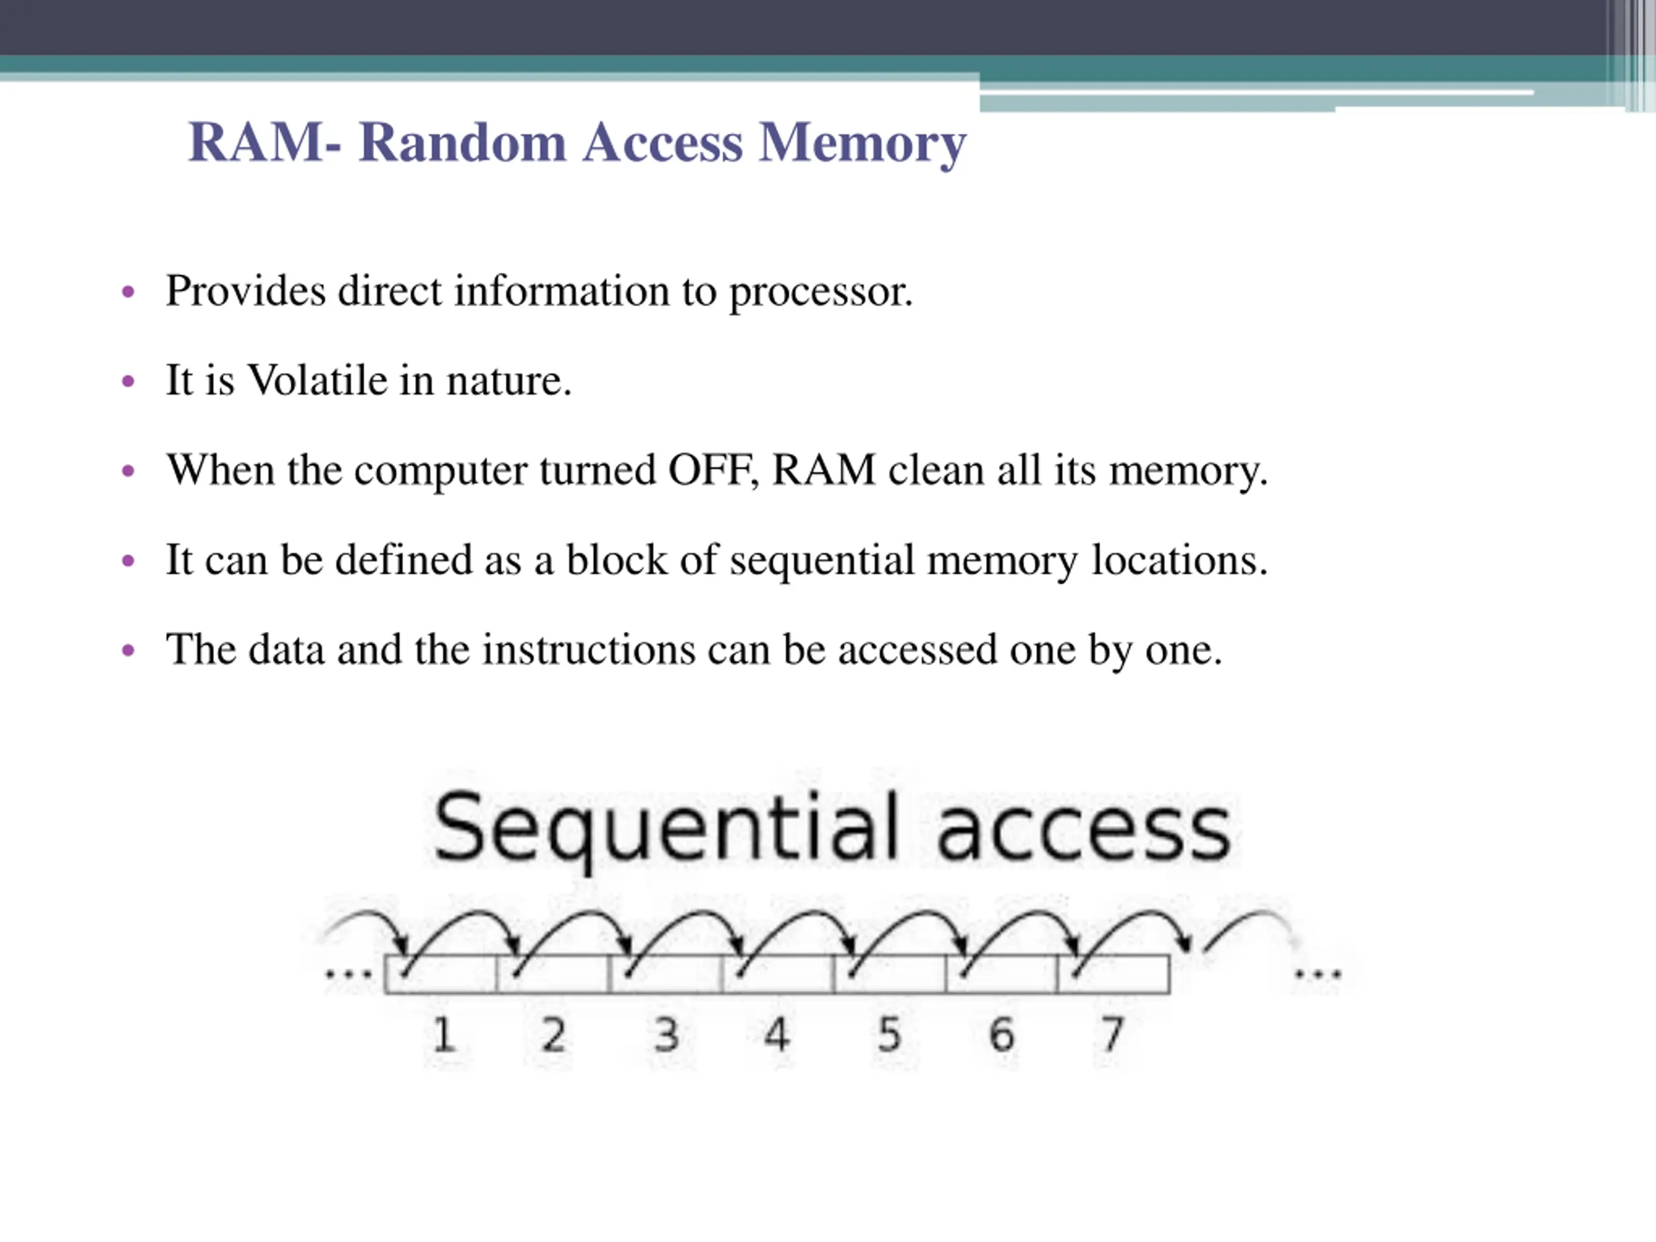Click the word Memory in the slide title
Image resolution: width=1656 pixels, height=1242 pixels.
click(862, 144)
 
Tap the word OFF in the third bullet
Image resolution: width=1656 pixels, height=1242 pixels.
click(713, 470)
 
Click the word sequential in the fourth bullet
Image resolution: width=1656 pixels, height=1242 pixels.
click(822, 561)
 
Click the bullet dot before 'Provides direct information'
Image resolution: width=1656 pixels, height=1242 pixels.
click(128, 291)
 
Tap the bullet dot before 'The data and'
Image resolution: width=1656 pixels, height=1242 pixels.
click(128, 651)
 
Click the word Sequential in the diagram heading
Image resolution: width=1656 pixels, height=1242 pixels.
click(666, 829)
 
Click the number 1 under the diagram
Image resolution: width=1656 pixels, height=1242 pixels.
click(444, 1034)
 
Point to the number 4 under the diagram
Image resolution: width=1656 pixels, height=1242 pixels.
click(776, 1034)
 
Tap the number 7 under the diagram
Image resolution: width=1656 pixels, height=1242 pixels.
click(1113, 1034)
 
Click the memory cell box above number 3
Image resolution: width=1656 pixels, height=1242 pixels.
click(666, 974)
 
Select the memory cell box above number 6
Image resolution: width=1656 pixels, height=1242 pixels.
click(1001, 974)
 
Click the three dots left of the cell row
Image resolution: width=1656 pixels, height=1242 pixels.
click(348, 975)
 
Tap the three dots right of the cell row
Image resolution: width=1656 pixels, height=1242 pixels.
click(1318, 975)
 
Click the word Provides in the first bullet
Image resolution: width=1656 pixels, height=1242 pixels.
click(246, 290)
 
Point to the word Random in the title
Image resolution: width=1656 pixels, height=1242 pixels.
click(463, 142)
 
